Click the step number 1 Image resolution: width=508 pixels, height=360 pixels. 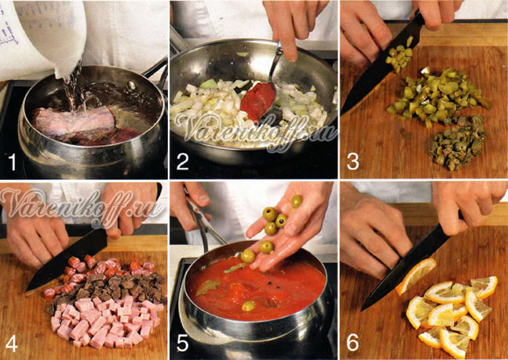12,162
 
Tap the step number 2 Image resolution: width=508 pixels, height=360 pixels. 182,162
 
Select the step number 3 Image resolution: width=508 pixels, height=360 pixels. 353,162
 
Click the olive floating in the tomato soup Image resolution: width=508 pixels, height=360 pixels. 248,306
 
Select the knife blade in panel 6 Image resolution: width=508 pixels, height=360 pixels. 405,265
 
